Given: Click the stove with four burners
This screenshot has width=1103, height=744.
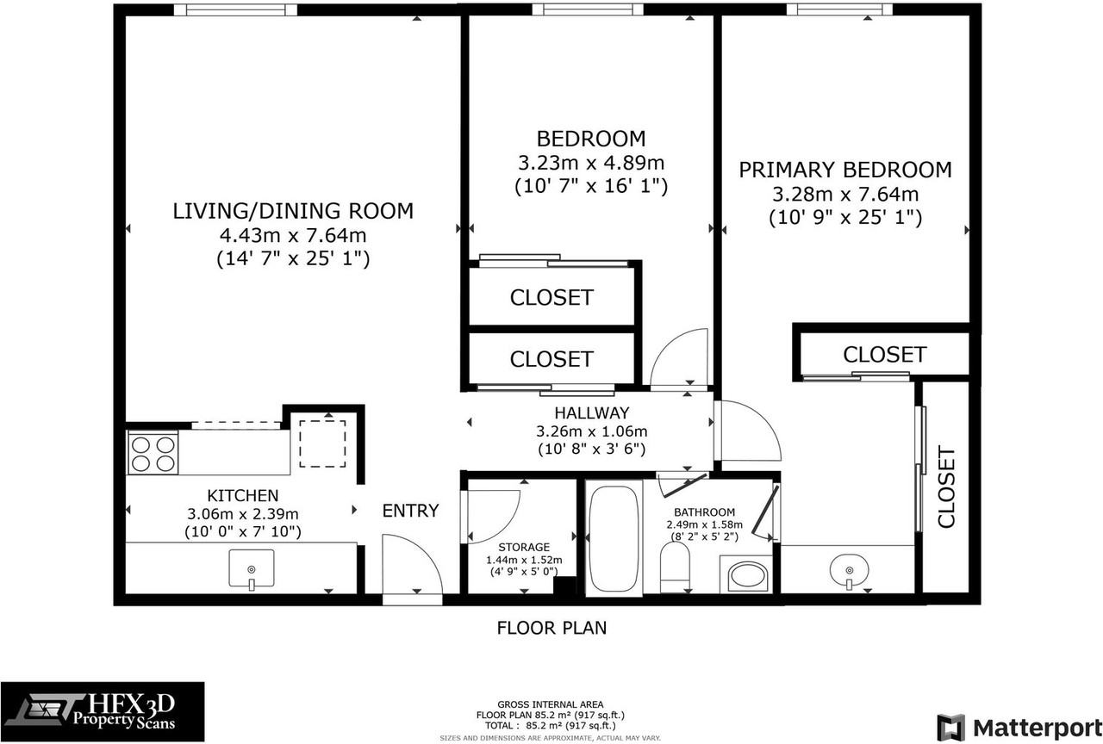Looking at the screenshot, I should tap(153, 452).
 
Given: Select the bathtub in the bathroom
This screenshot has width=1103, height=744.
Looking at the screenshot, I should tap(614, 537).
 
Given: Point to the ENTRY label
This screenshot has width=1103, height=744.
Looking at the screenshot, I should tap(410, 511).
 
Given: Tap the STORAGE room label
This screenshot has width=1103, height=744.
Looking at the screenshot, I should tap(524, 547).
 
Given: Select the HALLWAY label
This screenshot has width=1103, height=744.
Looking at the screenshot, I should tap(591, 412).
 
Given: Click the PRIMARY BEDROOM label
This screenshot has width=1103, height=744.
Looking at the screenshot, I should tap(845, 170).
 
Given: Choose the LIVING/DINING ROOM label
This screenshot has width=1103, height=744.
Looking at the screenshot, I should tap(293, 211).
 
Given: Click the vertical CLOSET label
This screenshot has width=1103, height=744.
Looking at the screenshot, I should tap(946, 487).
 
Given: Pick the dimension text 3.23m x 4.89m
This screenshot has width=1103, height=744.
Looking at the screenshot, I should tap(591, 162).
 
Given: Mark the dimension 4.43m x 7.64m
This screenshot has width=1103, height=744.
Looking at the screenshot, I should tap(293, 235).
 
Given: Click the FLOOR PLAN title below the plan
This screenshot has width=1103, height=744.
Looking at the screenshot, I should tap(551, 628).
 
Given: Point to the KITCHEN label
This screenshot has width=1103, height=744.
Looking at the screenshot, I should tap(243, 495).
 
